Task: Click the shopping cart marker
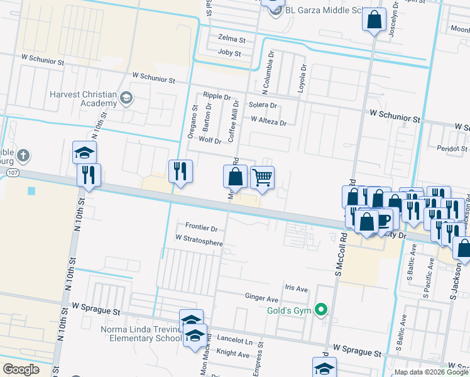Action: click(x=262, y=177)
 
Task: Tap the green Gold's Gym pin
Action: click(x=322, y=309)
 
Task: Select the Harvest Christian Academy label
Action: click(x=84, y=99)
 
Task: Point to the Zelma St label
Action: click(x=231, y=39)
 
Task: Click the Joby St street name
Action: click(x=229, y=53)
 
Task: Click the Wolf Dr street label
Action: click(x=210, y=141)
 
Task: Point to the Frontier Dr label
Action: click(x=201, y=227)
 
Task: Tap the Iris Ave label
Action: click(x=297, y=289)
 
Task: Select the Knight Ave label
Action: click(x=233, y=354)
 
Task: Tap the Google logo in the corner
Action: click(x=21, y=369)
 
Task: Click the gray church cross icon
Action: click(x=23, y=155)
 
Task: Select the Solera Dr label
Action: click(x=263, y=105)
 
